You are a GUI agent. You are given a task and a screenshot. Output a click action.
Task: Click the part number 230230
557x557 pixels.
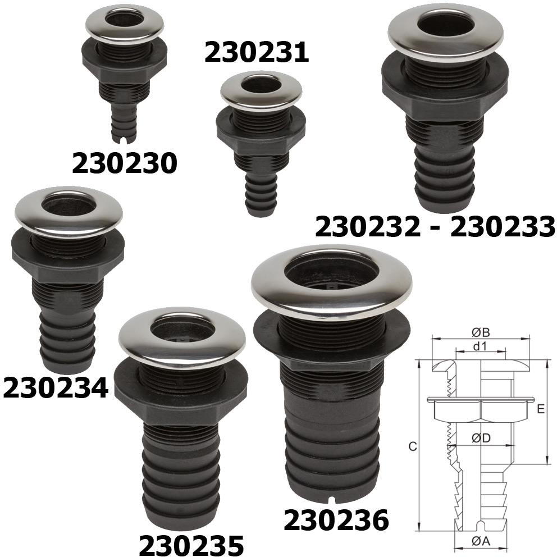[x=124, y=163]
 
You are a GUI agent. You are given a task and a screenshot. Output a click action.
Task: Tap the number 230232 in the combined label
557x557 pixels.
[x=368, y=227]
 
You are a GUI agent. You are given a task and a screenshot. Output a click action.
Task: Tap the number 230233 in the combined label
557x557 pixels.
[x=503, y=227]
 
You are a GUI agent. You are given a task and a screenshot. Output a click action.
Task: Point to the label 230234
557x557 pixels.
[x=56, y=388]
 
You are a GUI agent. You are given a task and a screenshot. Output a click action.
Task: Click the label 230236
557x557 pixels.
[x=336, y=520]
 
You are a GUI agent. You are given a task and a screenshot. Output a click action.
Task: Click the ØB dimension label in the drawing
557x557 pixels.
[x=481, y=332]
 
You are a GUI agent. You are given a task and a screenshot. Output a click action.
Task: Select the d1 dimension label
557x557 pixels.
[x=480, y=346]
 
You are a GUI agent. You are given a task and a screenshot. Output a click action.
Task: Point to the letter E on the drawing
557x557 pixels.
[x=541, y=409]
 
